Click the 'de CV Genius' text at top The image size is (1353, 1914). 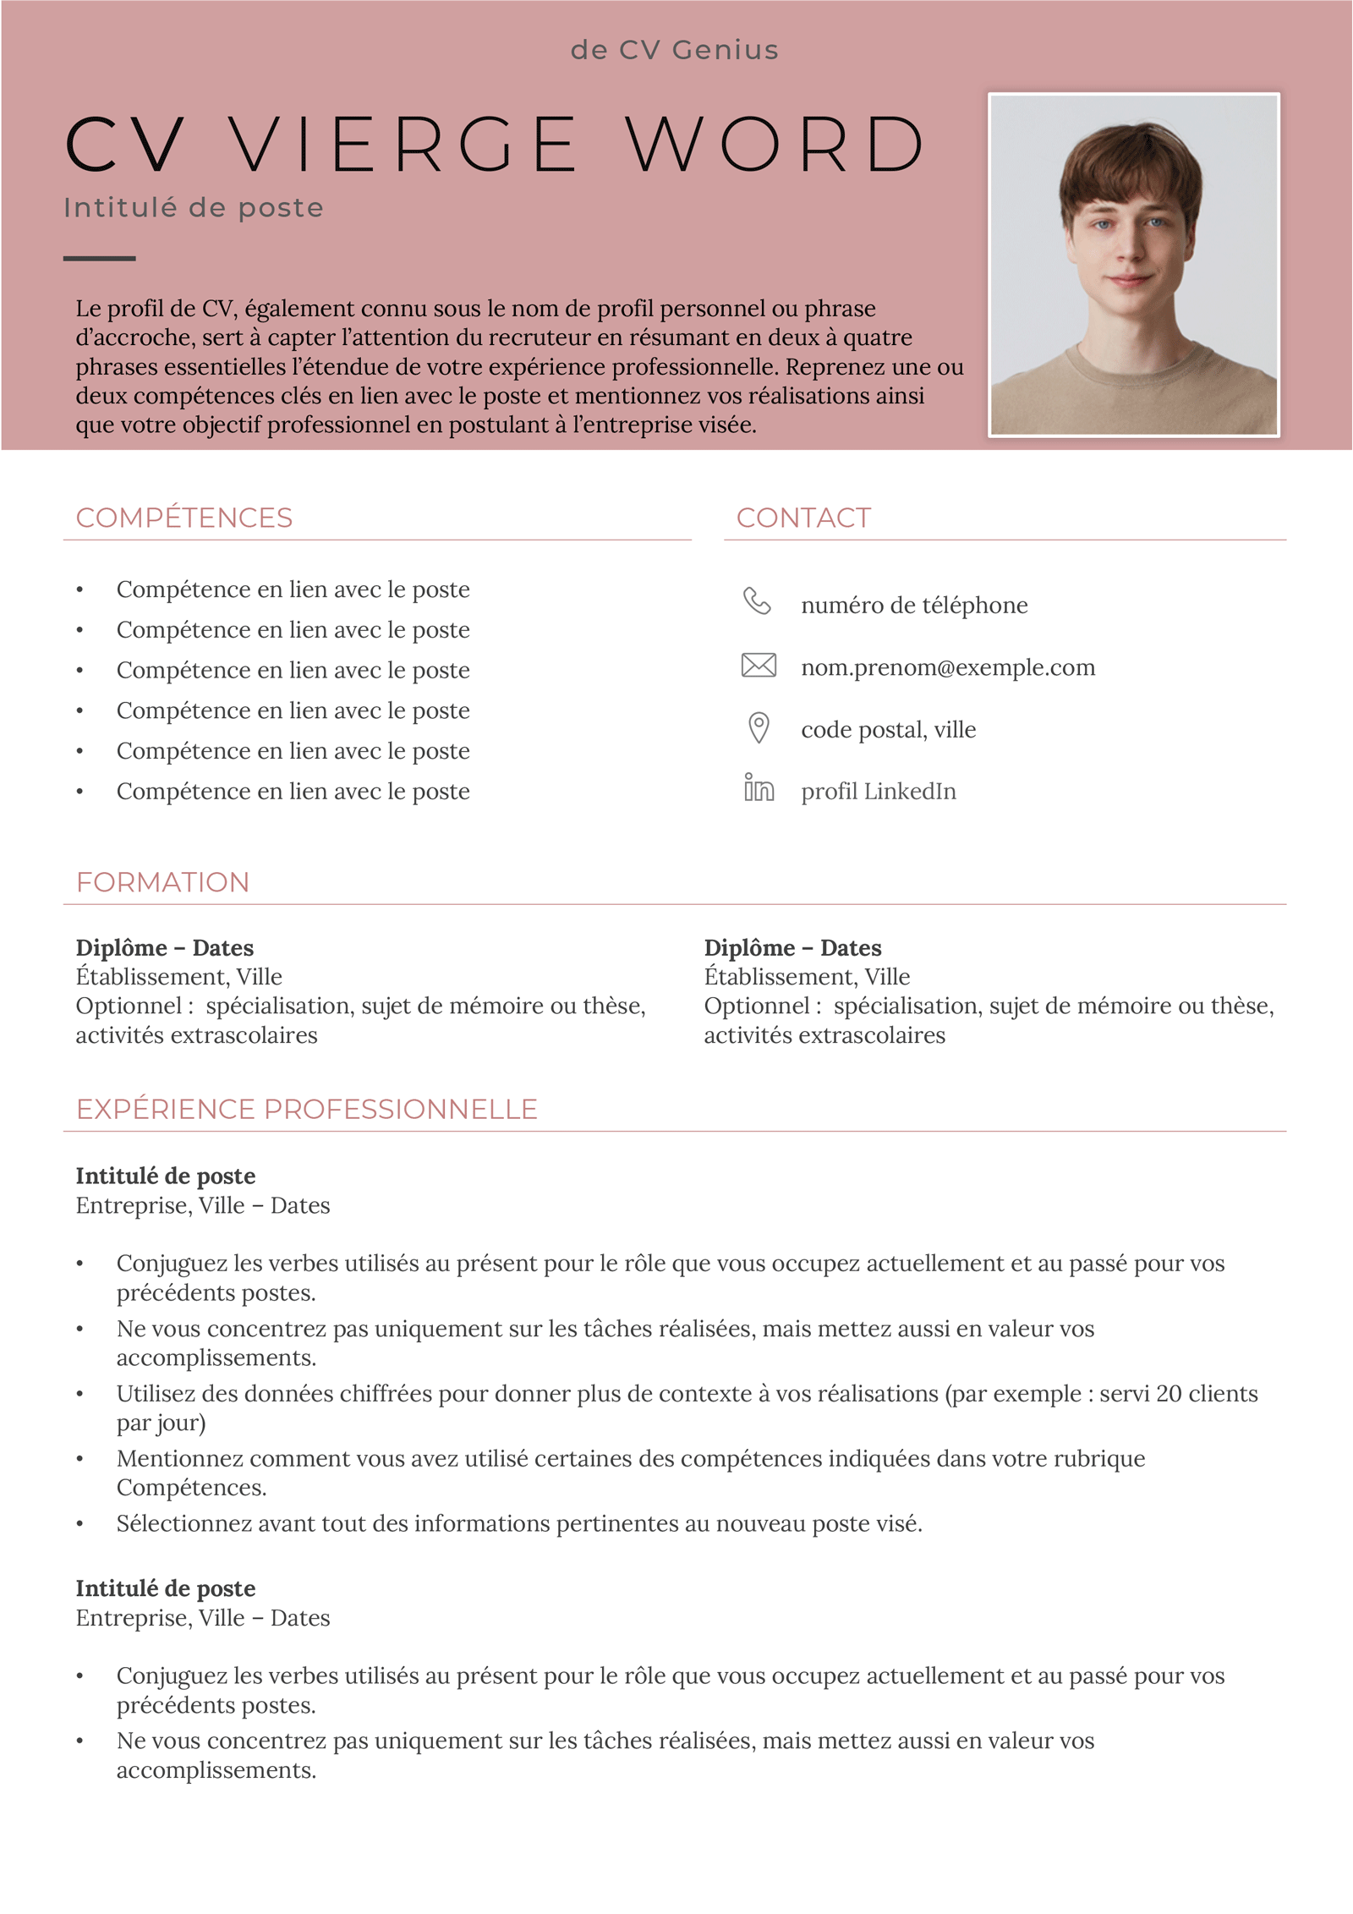[674, 50]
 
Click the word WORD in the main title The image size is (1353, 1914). [775, 145]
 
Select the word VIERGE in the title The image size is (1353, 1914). [403, 145]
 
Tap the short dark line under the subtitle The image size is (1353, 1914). [99, 258]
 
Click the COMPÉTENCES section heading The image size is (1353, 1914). [184, 518]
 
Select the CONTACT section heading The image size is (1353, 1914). [803, 518]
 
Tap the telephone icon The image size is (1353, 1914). [757, 601]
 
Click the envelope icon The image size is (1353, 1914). [759, 666]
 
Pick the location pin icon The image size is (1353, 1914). [759, 727]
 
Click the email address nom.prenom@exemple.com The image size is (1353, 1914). [948, 667]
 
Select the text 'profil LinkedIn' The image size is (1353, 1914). [879, 792]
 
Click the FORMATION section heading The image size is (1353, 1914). [163, 882]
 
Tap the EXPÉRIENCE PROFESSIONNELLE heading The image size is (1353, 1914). [307, 1109]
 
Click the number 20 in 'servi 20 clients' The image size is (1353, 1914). [1168, 1394]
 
